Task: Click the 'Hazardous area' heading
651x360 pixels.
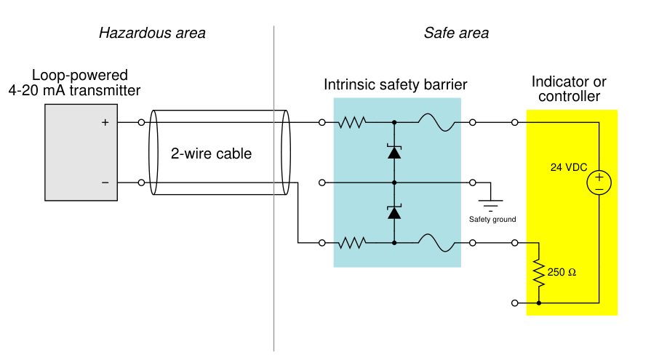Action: pos(152,33)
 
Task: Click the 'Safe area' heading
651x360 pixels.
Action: pos(456,33)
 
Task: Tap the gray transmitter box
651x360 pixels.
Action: pos(81,153)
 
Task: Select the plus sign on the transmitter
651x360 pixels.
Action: pos(105,122)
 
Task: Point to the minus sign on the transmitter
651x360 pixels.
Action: pos(105,183)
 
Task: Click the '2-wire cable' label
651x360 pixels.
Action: pos(211,153)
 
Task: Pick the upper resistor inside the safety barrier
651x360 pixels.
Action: pos(352,122)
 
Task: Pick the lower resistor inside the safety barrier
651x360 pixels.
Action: pos(352,243)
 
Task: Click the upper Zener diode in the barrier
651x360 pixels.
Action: pos(394,152)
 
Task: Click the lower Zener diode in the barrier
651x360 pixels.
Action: pos(394,212)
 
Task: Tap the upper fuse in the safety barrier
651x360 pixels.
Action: pos(436,122)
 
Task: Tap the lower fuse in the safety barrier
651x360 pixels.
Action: pos(436,243)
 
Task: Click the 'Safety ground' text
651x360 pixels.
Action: pos(492,219)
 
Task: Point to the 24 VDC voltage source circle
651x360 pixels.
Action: pos(599,183)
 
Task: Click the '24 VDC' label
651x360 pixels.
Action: pos(568,167)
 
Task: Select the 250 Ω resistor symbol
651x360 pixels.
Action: pos(539,273)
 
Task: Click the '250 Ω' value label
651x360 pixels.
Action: pos(562,273)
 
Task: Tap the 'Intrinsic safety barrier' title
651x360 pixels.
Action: pos(395,84)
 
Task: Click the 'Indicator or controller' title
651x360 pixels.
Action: pos(569,89)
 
